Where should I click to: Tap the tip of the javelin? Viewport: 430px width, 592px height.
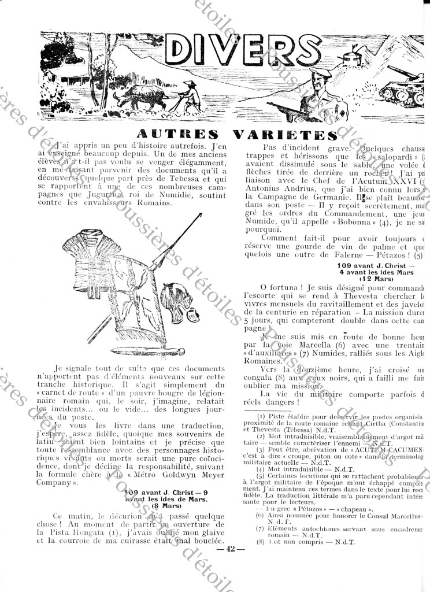pos(201,214)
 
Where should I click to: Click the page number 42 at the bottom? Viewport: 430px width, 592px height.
pos(229,549)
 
